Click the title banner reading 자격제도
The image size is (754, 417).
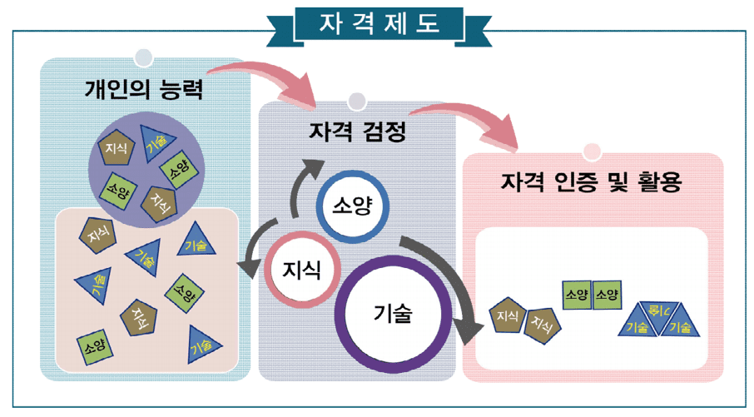coord(376,24)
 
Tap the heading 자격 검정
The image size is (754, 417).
coord(357,132)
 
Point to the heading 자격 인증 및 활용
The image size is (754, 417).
coord(592,181)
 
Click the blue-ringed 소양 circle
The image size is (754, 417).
coord(350,206)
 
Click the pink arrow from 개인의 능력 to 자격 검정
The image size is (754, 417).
coord(266,79)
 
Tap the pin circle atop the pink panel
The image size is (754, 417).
coord(593,151)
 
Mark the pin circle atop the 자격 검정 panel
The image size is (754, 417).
coord(356,102)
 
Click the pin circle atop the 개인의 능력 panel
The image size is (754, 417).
coord(144,57)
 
